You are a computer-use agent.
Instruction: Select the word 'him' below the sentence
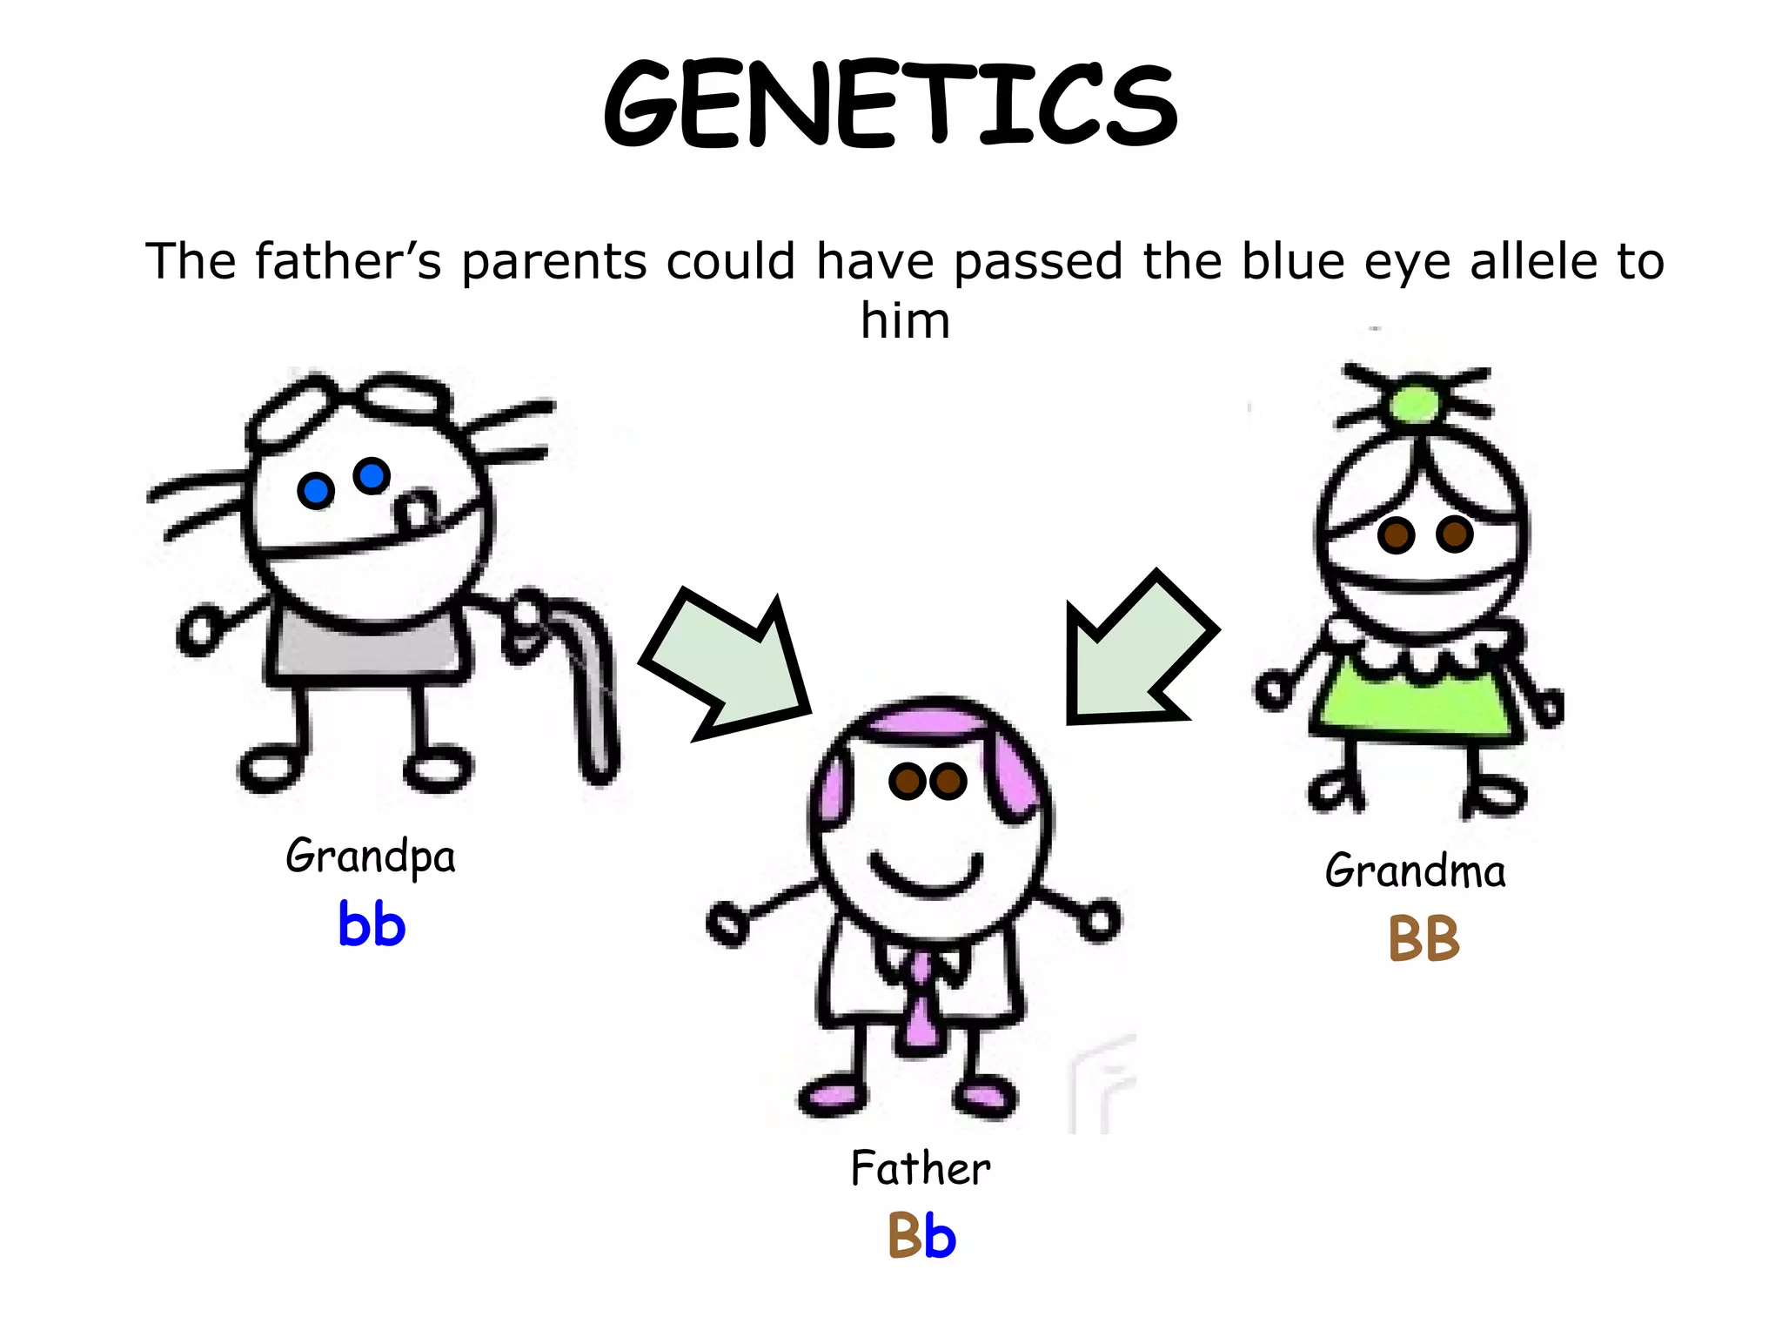click(905, 320)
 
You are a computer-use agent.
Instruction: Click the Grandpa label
click(371, 856)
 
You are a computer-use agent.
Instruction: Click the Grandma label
click(1415, 870)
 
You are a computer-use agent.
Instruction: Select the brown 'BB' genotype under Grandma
click(1424, 938)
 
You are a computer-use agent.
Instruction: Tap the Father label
click(921, 1168)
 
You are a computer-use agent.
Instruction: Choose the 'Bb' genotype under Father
click(921, 1236)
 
